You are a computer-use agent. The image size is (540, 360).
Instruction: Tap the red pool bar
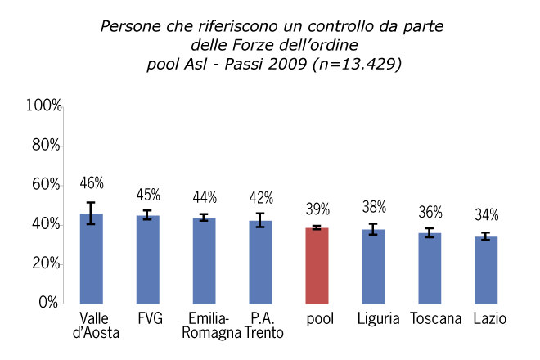[317, 265]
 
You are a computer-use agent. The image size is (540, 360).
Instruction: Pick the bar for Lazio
[486, 270]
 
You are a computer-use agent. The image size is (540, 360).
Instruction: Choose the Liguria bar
[373, 266]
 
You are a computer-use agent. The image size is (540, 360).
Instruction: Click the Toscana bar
[430, 268]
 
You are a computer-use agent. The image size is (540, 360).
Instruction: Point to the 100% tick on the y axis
[44, 106]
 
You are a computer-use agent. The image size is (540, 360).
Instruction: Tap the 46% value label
[91, 182]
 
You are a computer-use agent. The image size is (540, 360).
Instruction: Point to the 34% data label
[486, 216]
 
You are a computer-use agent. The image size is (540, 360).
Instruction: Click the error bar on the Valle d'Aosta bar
[91, 213]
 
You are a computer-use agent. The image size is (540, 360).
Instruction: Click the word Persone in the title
[129, 26]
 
